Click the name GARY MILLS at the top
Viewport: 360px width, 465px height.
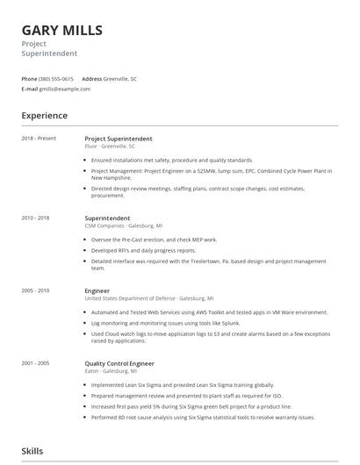tap(62, 31)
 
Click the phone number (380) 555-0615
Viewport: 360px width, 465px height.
tap(56, 79)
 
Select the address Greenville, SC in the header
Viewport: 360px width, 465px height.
tap(120, 79)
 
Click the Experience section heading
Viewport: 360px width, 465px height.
tap(45, 116)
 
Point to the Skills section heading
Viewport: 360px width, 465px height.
tap(32, 451)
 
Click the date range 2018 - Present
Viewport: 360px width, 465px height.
tap(39, 139)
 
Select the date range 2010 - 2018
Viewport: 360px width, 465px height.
tap(36, 218)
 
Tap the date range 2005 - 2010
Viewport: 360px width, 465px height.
tap(36, 290)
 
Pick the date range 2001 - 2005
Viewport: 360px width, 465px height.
tap(36, 361)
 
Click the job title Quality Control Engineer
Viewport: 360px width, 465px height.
tap(119, 361)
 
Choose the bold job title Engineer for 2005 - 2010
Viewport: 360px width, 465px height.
tap(97, 290)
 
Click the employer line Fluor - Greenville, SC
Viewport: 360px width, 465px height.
tap(110, 147)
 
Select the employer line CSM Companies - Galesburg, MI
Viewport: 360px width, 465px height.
tap(124, 225)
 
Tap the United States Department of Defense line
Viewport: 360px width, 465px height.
tap(148, 297)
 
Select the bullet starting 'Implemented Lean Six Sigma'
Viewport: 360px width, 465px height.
tap(183, 384)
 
